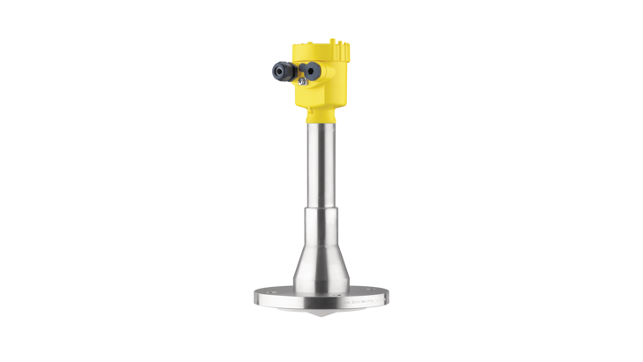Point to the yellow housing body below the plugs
click(323, 97)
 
